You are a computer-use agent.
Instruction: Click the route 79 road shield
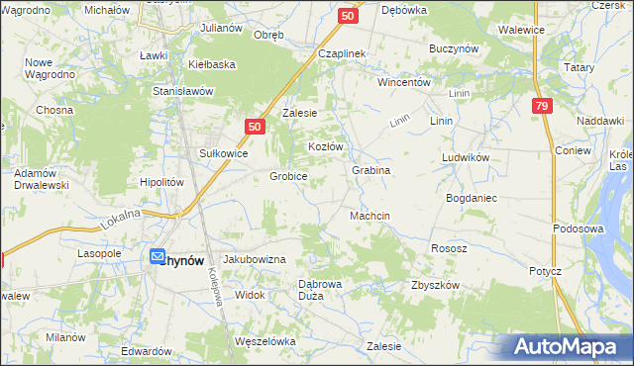[x=541, y=107]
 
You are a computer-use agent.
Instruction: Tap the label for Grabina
[x=370, y=170]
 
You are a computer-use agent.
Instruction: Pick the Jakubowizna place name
[x=255, y=259]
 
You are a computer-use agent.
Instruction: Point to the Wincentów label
[x=403, y=82]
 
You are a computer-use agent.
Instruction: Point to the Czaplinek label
[x=343, y=52]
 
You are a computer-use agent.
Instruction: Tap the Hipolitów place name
[x=162, y=183]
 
